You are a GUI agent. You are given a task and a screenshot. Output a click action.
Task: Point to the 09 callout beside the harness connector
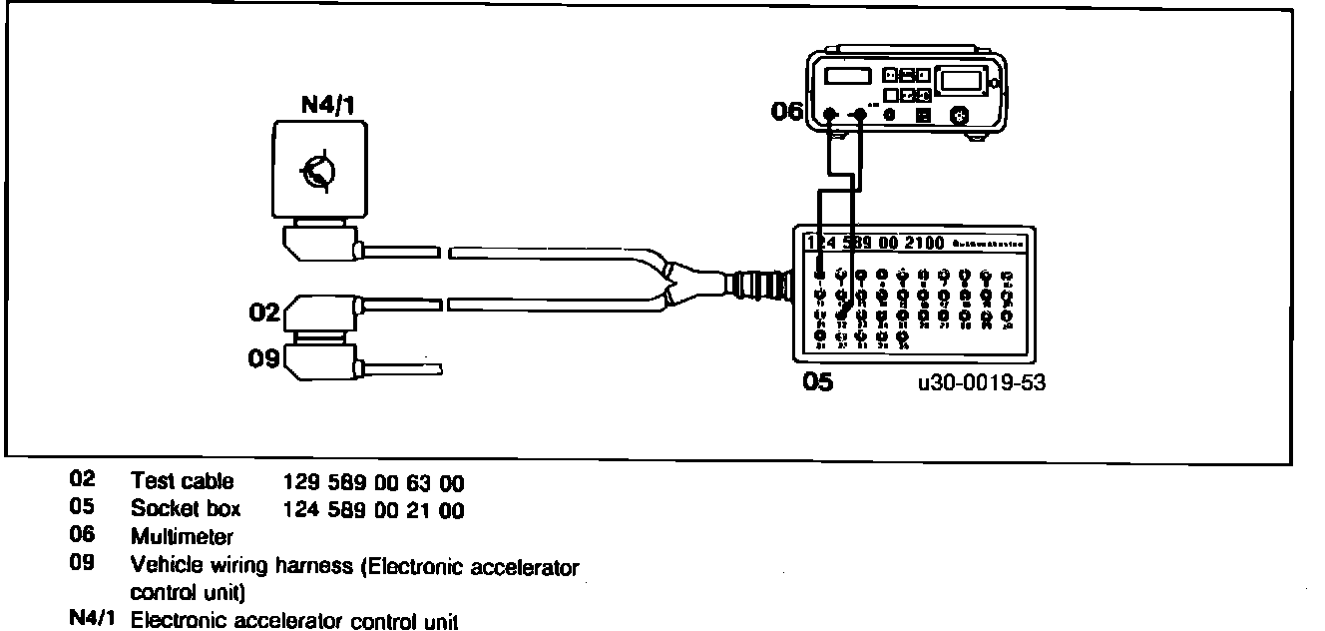pos(264,357)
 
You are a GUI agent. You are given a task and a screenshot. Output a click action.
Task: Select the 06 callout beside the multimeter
pos(787,111)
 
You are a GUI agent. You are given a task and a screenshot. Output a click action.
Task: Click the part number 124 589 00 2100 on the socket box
pos(874,243)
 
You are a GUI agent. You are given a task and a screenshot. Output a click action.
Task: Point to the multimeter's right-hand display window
pos(965,82)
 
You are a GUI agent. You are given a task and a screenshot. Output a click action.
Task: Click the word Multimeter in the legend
pos(182,537)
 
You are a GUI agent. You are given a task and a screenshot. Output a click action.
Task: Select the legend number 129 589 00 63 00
pos(374,484)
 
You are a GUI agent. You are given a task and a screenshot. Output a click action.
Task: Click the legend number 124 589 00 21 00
pos(374,510)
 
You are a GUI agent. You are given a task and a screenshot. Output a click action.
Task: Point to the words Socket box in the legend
pos(186,509)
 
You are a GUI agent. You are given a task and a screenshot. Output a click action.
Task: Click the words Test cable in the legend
pos(183,482)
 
